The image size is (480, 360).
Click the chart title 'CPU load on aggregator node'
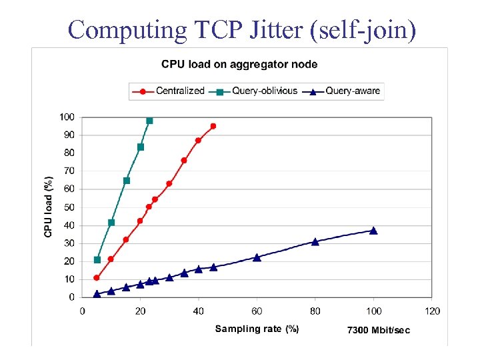[239, 65]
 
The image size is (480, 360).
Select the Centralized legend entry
[173, 91]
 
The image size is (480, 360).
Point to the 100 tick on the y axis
[67, 117]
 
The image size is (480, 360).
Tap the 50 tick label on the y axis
[69, 207]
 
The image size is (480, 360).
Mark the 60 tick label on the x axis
[257, 311]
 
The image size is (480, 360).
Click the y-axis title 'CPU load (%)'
[48, 207]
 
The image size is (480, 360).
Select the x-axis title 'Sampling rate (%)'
[257, 329]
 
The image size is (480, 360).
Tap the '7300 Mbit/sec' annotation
[378, 330]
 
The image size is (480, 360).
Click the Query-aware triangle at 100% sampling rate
[373, 231]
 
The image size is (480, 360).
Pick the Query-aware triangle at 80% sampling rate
[315, 242]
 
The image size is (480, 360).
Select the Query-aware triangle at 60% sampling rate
[257, 257]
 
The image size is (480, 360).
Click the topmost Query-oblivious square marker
[149, 121]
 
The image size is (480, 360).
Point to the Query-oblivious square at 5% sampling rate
[97, 260]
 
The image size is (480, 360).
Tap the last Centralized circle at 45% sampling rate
[213, 126]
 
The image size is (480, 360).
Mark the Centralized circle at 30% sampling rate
[169, 183]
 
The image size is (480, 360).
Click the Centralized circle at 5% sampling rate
[97, 278]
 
